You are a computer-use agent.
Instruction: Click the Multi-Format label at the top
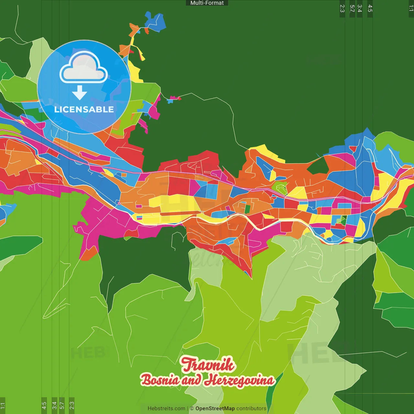pos(207,3)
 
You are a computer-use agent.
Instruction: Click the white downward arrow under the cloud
pos(80,93)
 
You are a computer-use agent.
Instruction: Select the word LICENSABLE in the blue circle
pos(84,109)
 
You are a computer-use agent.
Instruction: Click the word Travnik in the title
pos(208,365)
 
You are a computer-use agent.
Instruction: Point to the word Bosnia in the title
pos(160,380)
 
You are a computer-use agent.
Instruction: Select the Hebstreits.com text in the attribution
pos(166,409)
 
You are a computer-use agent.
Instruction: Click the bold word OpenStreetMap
pos(215,409)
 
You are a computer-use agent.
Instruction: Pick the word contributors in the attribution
pos(251,409)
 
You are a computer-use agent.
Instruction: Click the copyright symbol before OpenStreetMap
pos(192,409)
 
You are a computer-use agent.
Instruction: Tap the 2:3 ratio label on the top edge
pos(342,8)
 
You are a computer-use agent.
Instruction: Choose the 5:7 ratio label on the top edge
pos(352,8)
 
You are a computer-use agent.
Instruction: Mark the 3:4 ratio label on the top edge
pos(359,8)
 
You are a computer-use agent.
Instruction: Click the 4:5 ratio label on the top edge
pos(370,8)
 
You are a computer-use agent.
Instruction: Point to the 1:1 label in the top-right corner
pos(411,8)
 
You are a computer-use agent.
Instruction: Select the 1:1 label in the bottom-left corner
pos(3,405)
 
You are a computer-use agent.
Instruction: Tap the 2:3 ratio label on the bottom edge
pos(72,405)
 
